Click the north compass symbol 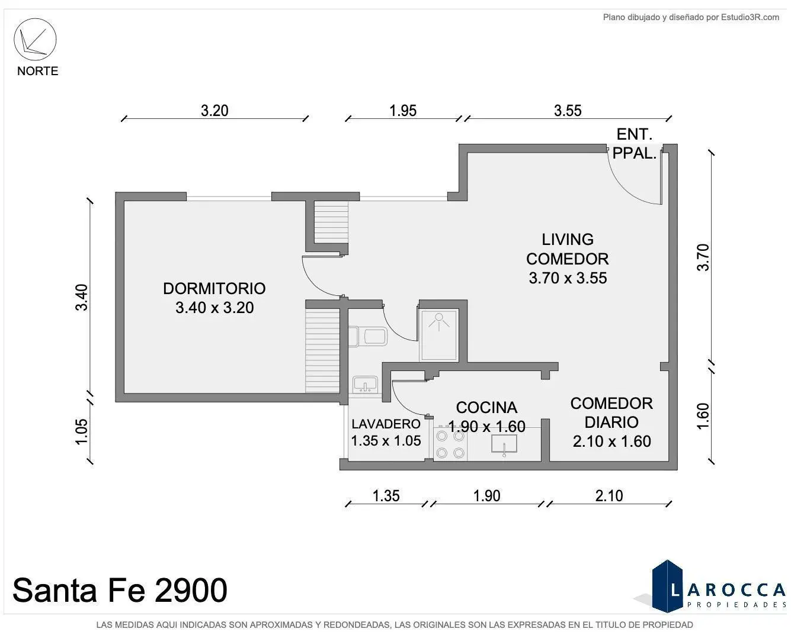(35, 39)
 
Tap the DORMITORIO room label (214, 288)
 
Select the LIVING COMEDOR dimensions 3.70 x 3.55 (568, 278)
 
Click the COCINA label (486, 407)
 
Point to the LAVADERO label (386, 424)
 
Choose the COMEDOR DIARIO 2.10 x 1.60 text (611, 423)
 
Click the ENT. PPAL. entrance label (635, 144)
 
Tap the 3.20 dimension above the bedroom (214, 111)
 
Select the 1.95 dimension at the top (403, 111)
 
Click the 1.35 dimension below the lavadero (386, 496)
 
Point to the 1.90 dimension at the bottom (486, 496)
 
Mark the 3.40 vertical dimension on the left (81, 298)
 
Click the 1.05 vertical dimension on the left (81, 431)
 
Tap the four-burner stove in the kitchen (450, 444)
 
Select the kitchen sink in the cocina (504, 444)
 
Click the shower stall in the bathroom (439, 335)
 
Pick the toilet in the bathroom (368, 336)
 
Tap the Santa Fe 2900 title (120, 590)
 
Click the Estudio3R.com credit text (691, 17)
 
